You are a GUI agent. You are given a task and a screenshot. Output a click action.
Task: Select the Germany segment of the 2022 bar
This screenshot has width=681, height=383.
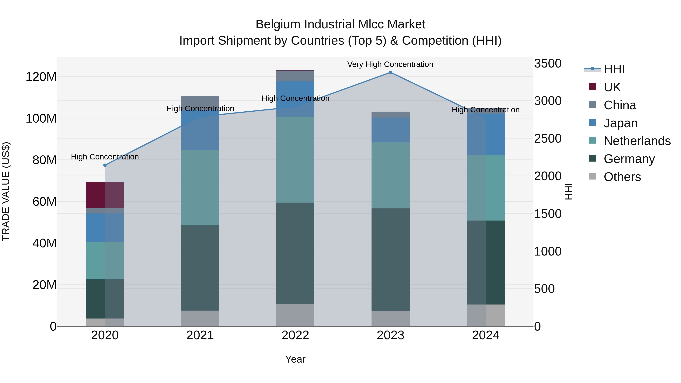(295, 253)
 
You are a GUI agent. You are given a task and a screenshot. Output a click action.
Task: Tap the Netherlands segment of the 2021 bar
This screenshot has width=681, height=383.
(200, 187)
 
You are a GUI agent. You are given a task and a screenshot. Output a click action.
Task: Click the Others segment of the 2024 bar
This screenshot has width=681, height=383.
(486, 315)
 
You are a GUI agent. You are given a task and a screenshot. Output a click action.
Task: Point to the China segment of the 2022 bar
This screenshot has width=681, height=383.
(295, 76)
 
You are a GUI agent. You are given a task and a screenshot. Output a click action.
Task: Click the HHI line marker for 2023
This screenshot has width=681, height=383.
(390, 72)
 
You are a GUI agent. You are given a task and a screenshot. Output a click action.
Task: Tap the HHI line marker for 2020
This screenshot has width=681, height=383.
(105, 165)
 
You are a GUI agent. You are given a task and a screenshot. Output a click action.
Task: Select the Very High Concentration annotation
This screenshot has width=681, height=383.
(390, 64)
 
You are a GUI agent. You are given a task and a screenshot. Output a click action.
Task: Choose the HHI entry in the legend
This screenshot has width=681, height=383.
(614, 69)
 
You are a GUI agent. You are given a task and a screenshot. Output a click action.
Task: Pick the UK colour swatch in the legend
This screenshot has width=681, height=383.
(592, 87)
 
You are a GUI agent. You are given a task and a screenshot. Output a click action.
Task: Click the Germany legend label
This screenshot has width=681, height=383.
(629, 159)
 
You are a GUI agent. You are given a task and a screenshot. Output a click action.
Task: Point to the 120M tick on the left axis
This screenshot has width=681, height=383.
(41, 77)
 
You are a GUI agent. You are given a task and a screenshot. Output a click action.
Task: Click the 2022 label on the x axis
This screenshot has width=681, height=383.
(295, 335)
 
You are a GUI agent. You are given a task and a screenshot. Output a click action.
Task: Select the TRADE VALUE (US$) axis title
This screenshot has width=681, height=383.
(6, 191)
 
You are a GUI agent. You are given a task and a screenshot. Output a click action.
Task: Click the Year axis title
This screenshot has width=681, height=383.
(295, 359)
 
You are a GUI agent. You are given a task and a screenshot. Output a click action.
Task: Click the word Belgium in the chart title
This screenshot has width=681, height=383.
(278, 24)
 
